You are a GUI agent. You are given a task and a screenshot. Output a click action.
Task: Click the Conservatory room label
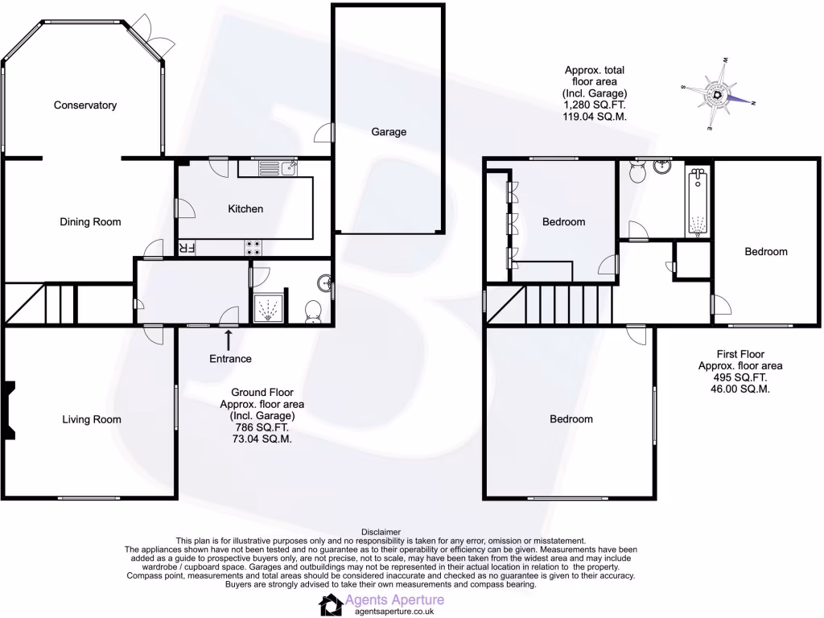point(85,105)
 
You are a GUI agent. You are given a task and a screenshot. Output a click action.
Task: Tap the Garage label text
point(389,132)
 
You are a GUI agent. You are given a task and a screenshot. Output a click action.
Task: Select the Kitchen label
point(245,208)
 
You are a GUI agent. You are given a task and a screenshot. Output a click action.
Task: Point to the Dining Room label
point(90,222)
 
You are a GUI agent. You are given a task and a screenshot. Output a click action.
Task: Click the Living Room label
point(92,419)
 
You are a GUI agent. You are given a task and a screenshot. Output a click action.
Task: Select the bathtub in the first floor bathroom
point(698,202)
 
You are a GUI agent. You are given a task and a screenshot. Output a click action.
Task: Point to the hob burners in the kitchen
point(252,248)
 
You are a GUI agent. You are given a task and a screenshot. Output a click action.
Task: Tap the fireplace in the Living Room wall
point(10,410)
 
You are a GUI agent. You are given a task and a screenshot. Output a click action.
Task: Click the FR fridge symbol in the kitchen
point(186,248)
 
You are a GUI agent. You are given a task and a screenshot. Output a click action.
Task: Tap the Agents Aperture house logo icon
point(329,605)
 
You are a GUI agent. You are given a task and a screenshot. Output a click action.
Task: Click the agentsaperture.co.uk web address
point(389,612)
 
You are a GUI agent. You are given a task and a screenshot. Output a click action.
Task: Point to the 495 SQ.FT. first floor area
point(740,377)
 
